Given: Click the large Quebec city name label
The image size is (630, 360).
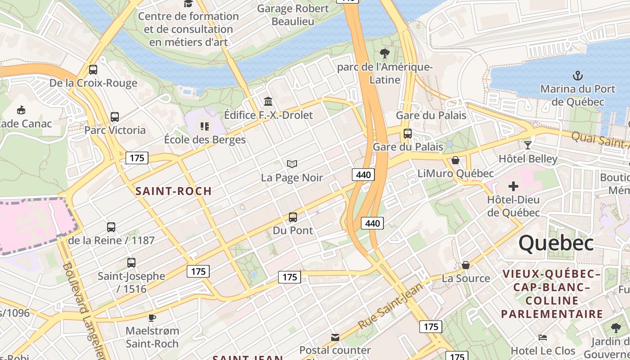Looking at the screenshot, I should [556, 243].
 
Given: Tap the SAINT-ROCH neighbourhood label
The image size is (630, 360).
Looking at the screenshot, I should [174, 191].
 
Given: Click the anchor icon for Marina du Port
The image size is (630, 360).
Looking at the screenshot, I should [577, 75].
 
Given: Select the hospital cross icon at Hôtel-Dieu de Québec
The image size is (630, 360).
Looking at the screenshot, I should [513, 186].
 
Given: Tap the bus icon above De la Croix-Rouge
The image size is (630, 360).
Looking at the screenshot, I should [93, 70].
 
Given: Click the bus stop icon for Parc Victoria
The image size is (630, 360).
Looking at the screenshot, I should [115, 117].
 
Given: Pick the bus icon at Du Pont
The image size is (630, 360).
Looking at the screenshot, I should [293, 217].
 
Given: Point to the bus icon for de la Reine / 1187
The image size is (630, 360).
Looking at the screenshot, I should [111, 227].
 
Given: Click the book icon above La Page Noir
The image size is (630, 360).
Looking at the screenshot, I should [292, 164].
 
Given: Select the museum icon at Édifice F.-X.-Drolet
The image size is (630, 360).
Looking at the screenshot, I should [268, 101].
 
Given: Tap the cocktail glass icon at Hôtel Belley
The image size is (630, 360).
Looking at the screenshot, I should [528, 145].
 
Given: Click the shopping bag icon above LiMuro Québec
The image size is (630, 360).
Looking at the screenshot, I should [455, 160].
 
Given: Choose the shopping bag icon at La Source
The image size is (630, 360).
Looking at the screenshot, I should [466, 265].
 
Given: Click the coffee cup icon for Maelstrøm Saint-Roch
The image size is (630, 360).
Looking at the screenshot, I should [152, 318].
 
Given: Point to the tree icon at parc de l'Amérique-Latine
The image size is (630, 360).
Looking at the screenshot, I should [385, 54].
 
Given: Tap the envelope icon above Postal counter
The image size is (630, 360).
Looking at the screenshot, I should [335, 337].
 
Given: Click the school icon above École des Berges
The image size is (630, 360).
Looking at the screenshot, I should [205, 126].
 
